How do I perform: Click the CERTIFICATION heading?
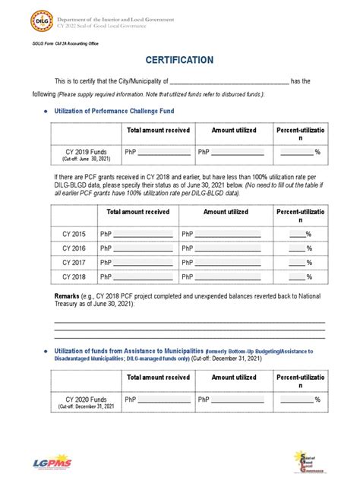pyautogui.click(x=180, y=60)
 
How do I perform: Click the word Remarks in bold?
pyautogui.click(x=71, y=294)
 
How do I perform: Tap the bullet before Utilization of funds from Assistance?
pyautogui.click(x=47, y=350)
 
